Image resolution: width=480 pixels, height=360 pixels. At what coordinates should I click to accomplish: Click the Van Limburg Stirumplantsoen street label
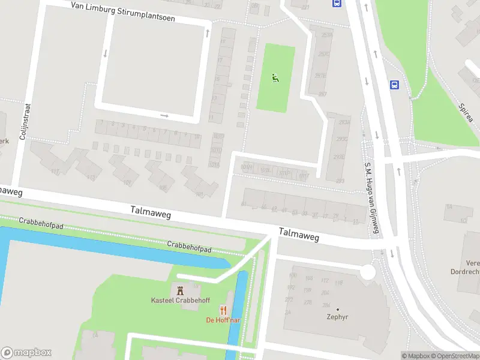point(122,12)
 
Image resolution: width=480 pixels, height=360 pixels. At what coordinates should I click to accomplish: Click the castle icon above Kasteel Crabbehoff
point(180,289)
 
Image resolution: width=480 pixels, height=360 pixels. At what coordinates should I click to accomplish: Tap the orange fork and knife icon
point(223,310)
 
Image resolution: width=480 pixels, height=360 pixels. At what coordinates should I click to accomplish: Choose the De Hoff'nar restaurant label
point(223,320)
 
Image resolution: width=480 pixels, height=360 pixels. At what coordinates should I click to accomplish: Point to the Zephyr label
point(337,317)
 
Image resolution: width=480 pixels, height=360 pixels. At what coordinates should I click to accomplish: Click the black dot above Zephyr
point(337,309)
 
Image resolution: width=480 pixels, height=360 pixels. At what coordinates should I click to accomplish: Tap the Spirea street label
point(466,112)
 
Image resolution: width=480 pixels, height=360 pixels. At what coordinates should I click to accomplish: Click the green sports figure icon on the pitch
point(275,77)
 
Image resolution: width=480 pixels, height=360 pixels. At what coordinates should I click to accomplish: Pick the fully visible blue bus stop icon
point(394,85)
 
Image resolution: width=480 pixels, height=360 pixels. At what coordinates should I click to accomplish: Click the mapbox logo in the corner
point(26,353)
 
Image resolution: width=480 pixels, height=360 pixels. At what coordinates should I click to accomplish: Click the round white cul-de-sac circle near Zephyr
point(367,272)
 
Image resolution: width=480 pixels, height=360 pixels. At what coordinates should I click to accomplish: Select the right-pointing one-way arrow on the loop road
point(164,116)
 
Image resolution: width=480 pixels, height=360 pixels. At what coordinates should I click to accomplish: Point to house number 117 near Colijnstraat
point(56,172)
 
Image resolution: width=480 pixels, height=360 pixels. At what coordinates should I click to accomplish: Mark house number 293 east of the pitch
point(340,181)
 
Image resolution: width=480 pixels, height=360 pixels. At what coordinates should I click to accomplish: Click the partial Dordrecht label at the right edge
point(465,271)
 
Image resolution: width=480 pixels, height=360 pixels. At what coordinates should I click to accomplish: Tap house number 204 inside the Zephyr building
point(325,293)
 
